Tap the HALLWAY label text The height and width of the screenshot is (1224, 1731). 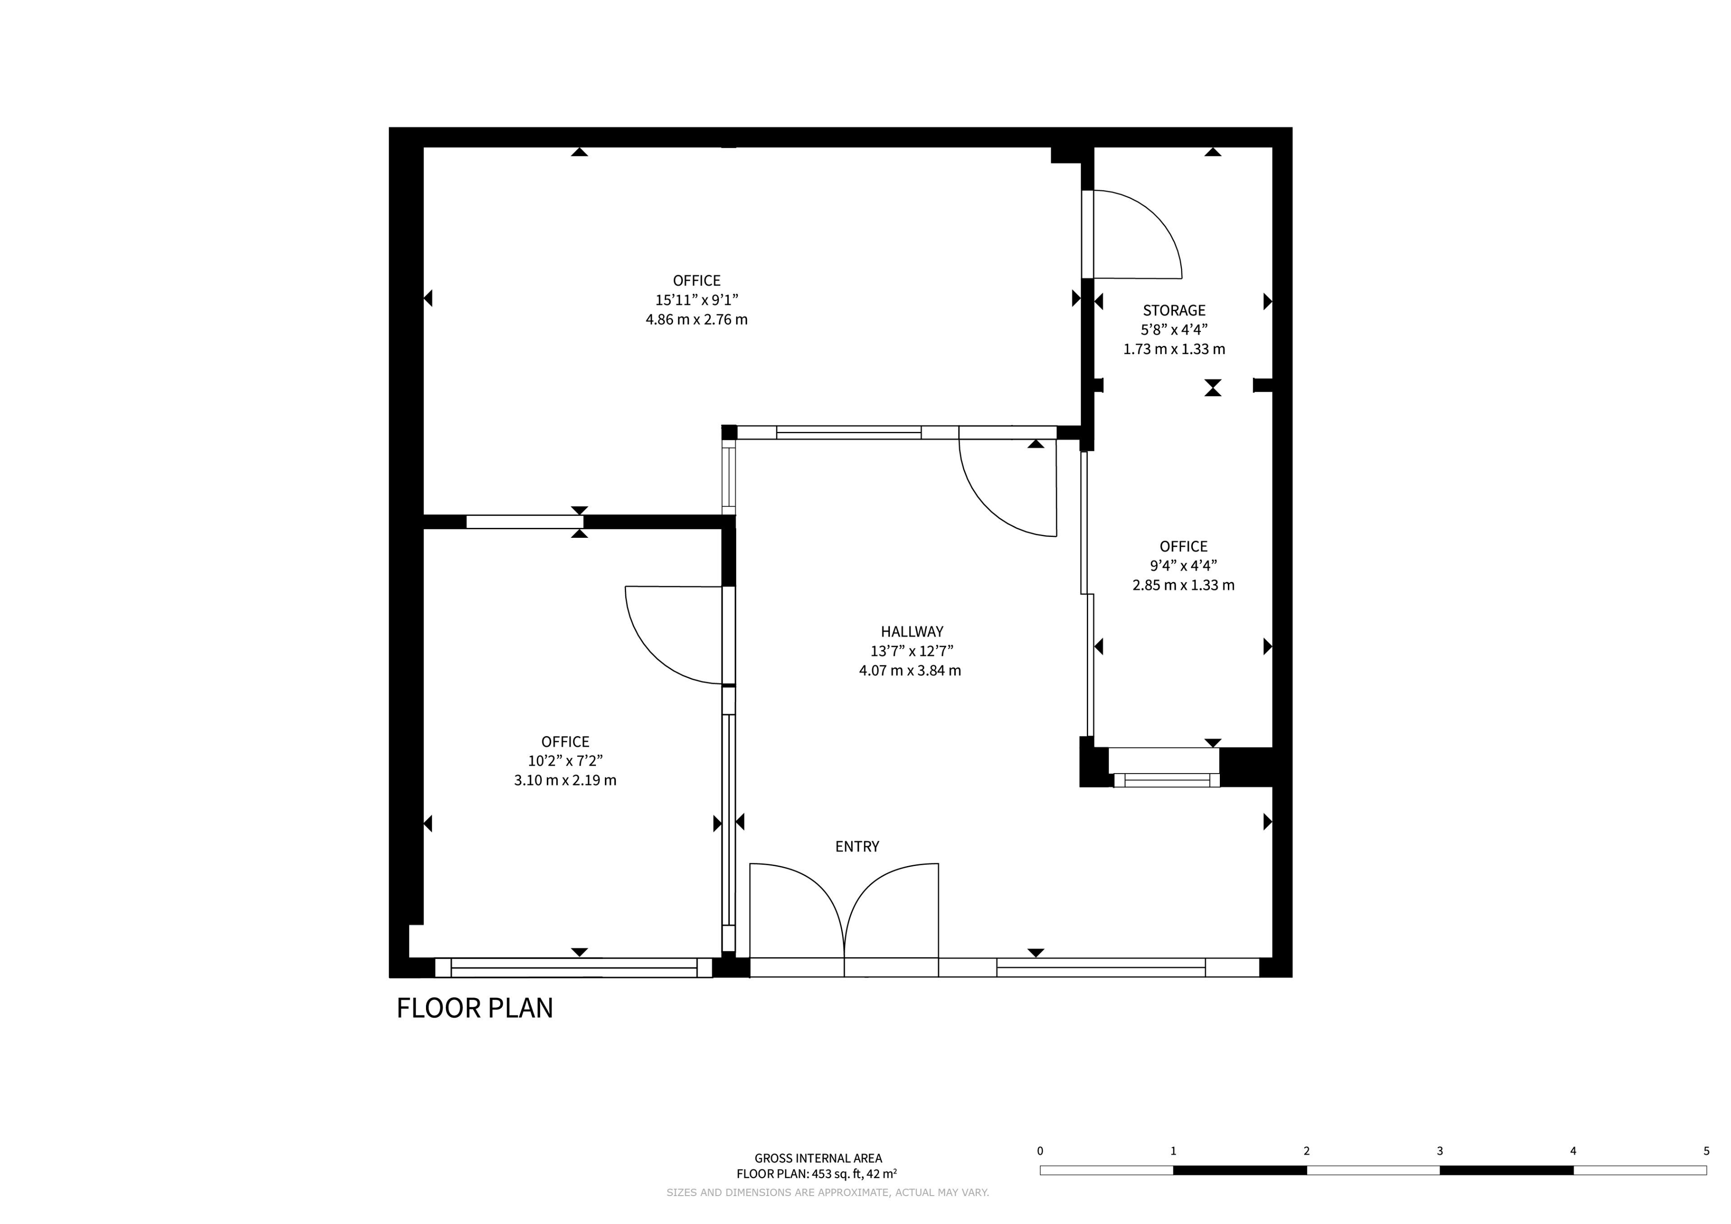[x=911, y=632]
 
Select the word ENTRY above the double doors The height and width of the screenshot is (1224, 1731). [x=857, y=847]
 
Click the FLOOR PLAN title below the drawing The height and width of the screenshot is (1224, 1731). [x=475, y=1009]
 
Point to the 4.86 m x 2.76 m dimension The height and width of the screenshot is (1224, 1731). [x=696, y=320]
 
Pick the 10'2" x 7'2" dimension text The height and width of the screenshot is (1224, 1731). [x=565, y=761]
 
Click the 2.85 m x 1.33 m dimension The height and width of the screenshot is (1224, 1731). [x=1184, y=585]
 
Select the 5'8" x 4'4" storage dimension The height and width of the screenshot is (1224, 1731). [x=1174, y=330]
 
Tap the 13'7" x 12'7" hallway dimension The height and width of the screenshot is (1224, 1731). [x=911, y=651]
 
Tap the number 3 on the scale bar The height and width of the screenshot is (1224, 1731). [x=1439, y=1151]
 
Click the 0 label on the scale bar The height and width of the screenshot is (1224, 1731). [x=1040, y=1151]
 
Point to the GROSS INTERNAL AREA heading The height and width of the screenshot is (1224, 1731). [x=818, y=1158]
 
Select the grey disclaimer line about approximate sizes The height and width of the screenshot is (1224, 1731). [x=827, y=1192]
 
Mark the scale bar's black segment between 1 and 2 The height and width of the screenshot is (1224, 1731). [x=1240, y=1170]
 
